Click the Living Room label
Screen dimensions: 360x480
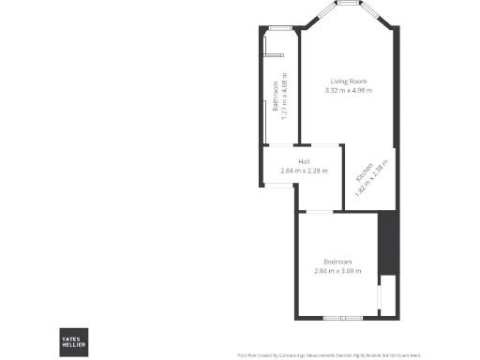pos(349,81)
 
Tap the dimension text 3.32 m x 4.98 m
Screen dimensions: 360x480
pos(349,90)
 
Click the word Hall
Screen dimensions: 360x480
pos(304,161)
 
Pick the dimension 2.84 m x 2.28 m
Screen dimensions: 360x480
pos(304,170)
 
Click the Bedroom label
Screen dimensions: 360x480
pos(337,261)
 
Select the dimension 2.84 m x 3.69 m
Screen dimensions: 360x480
pos(337,270)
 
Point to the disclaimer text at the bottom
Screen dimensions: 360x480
pos(329,355)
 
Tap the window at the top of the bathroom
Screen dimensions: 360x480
pos(280,29)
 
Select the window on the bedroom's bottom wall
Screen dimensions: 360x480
pos(343,318)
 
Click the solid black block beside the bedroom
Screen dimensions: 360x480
pos(384,244)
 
